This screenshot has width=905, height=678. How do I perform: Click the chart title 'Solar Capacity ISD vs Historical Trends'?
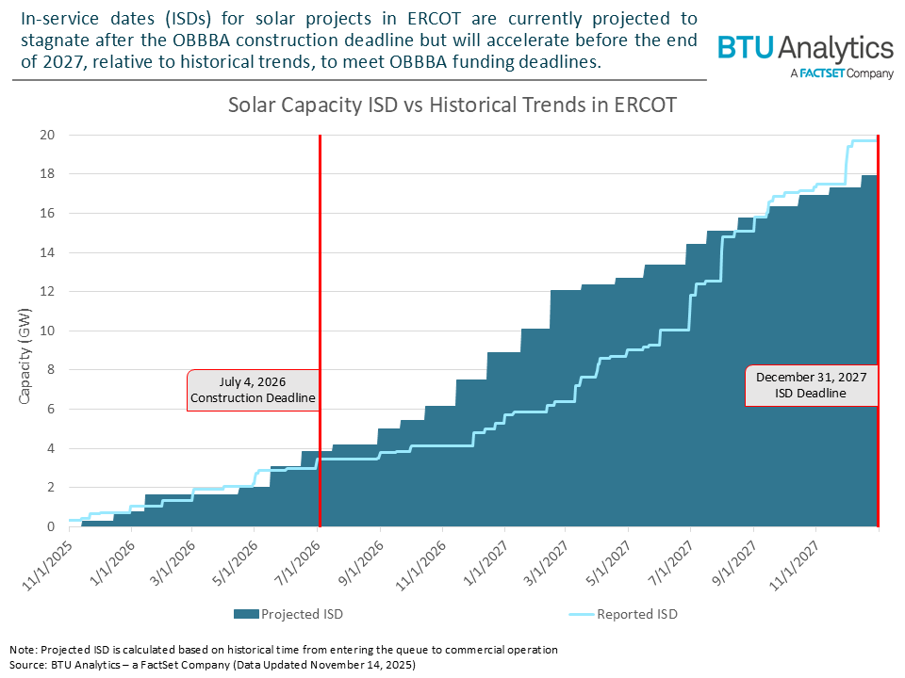[452, 105]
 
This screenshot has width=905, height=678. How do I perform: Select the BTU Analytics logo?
[805, 56]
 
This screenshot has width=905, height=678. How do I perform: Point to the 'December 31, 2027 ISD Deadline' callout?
[811, 385]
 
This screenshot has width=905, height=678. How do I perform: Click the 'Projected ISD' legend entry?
[288, 614]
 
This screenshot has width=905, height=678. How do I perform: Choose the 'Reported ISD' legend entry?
[623, 614]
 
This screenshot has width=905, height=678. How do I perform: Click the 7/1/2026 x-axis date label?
[295, 560]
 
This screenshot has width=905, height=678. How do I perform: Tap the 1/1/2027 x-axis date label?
[482, 560]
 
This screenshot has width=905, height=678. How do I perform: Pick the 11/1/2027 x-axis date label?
[793, 560]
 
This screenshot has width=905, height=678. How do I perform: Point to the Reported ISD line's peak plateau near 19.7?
[863, 140]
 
